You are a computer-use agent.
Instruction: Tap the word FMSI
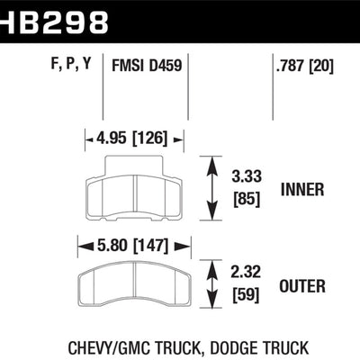coord(128,65)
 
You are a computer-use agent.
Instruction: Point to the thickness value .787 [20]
coord(303,65)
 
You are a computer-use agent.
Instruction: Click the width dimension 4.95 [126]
coord(135,139)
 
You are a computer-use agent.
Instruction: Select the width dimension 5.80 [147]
coord(135,243)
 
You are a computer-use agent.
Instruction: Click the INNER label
coord(302,190)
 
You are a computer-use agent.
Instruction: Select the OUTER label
coord(302,287)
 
